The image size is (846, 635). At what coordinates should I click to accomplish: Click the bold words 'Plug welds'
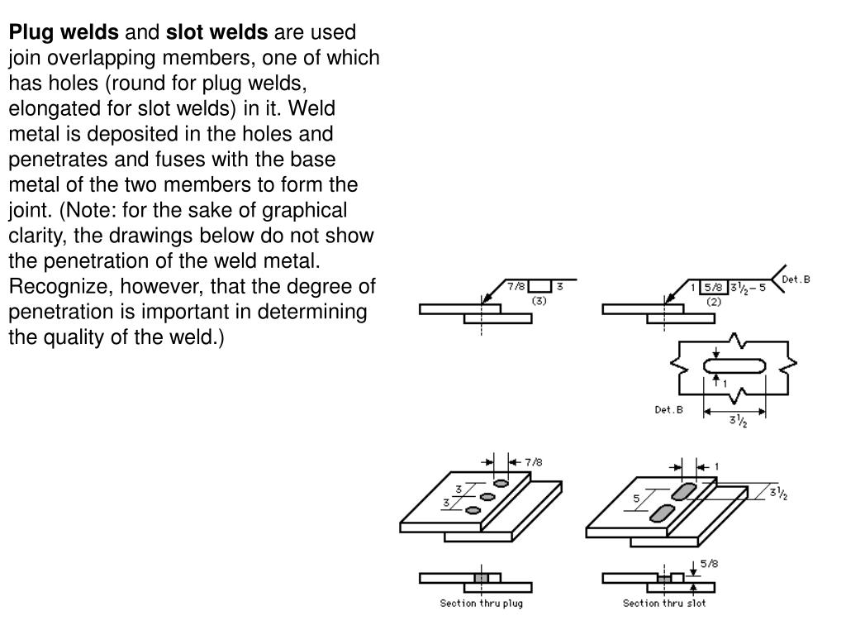64,32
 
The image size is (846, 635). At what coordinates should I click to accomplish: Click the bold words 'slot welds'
217,32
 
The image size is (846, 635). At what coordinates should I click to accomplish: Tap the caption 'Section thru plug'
481,604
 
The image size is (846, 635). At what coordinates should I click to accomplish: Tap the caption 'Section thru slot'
664,604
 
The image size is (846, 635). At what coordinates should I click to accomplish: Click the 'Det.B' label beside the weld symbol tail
796,279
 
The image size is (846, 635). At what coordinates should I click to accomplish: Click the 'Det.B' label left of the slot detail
668,409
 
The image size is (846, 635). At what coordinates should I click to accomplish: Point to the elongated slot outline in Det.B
734,366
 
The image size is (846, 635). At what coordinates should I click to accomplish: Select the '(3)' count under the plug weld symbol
539,302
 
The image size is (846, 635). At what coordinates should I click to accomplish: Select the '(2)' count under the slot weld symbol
715,302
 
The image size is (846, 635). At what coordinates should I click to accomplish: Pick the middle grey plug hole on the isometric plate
487,496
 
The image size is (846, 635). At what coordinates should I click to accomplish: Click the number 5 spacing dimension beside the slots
635,499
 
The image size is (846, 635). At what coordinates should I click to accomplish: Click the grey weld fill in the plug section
481,578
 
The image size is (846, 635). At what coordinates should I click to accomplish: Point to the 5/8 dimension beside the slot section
710,566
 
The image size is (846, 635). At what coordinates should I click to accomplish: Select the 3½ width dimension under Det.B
734,421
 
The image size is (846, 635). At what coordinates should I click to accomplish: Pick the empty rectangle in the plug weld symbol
539,289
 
